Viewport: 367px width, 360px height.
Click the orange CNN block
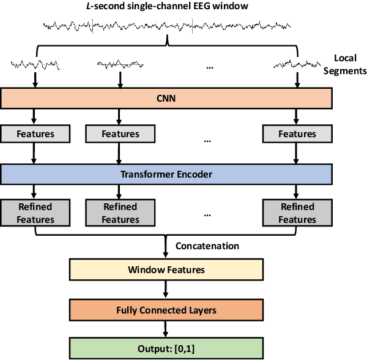166,97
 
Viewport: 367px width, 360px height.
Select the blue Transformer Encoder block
166,174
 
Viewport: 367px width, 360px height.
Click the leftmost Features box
35,134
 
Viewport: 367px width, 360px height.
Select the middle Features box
120,134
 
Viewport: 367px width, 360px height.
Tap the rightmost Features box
297,134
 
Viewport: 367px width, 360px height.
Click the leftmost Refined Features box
35,213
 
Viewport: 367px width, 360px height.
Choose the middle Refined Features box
120,213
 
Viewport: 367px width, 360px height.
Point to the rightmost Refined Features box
297,213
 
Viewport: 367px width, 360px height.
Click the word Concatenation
207,246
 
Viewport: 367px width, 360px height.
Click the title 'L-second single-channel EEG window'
166,7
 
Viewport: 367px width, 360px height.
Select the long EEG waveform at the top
166,26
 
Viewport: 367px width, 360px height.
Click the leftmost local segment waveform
35,64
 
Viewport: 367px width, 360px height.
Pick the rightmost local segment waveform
297,64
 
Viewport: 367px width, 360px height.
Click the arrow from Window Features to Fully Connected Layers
166,290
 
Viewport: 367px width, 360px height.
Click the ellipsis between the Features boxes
207,141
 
